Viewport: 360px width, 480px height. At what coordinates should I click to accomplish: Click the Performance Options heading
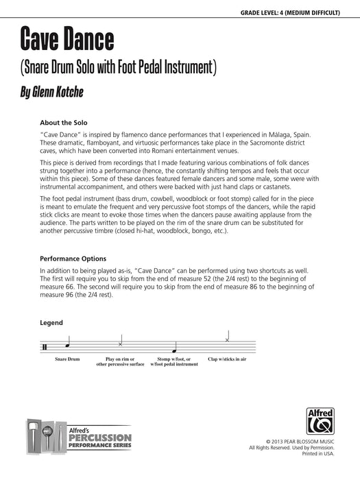73,259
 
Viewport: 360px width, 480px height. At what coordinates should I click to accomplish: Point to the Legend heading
51,322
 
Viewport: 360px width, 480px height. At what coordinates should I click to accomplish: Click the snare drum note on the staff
67,345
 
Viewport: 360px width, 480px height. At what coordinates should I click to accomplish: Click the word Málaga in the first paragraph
274,135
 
